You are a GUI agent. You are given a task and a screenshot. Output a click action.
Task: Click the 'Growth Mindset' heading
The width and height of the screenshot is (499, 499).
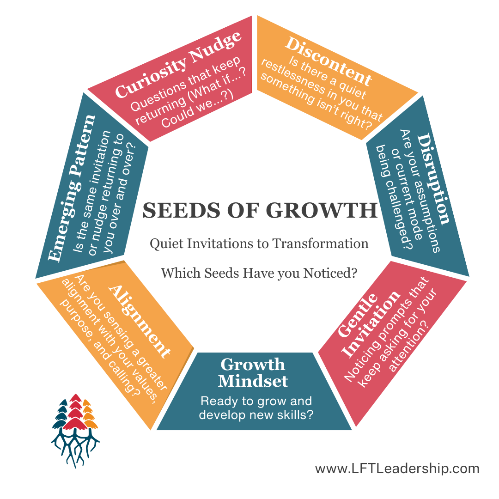(x=253, y=372)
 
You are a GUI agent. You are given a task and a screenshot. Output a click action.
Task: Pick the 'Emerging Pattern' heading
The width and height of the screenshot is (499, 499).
(x=74, y=187)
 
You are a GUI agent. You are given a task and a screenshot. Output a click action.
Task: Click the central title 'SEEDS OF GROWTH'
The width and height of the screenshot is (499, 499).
(x=260, y=210)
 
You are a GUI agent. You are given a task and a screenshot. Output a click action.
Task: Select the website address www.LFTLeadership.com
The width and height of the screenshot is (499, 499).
(x=397, y=469)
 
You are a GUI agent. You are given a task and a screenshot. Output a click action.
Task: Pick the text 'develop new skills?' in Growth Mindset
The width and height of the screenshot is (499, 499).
(x=256, y=414)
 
